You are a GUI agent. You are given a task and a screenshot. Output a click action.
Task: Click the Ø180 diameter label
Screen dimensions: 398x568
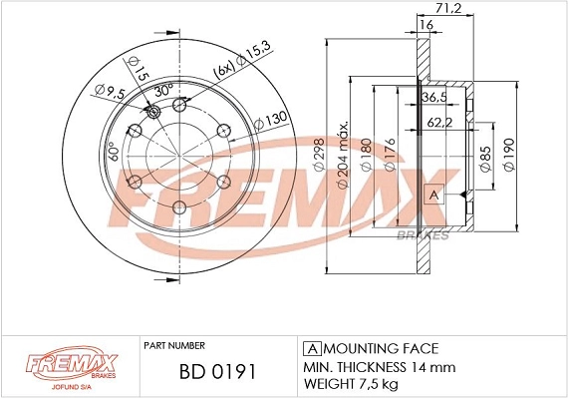[366, 156]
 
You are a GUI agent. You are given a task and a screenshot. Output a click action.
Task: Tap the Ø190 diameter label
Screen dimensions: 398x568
[509, 156]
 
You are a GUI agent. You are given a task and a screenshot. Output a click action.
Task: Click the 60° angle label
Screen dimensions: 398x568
[112, 153]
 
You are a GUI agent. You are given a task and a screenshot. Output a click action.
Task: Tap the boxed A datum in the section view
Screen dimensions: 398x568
[432, 194]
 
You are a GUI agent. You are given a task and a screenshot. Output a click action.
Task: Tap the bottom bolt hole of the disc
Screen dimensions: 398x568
[179, 206]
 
